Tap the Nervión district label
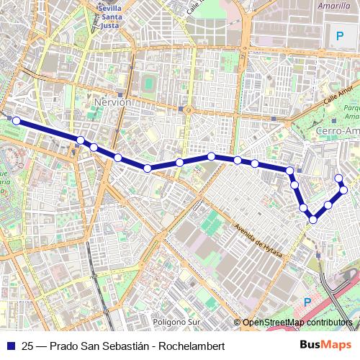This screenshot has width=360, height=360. pyautogui.click(x=113, y=103)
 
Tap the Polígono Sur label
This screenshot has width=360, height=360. pyautogui.click(x=176, y=322)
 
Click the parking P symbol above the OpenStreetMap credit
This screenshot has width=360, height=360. pyautogui.click(x=307, y=303)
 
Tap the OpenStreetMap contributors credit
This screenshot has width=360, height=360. pyautogui.click(x=297, y=322)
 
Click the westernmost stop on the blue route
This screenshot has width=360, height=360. pyautogui.click(x=16, y=121)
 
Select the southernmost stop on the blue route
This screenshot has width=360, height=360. pyautogui.click(x=313, y=219)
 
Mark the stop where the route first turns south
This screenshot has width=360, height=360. pyautogui.click(x=290, y=171)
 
